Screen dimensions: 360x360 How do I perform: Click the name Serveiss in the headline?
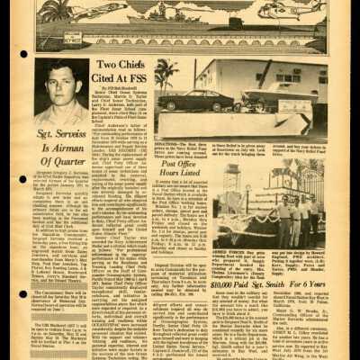(71, 134)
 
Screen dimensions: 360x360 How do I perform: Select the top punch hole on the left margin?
(22, 54)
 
